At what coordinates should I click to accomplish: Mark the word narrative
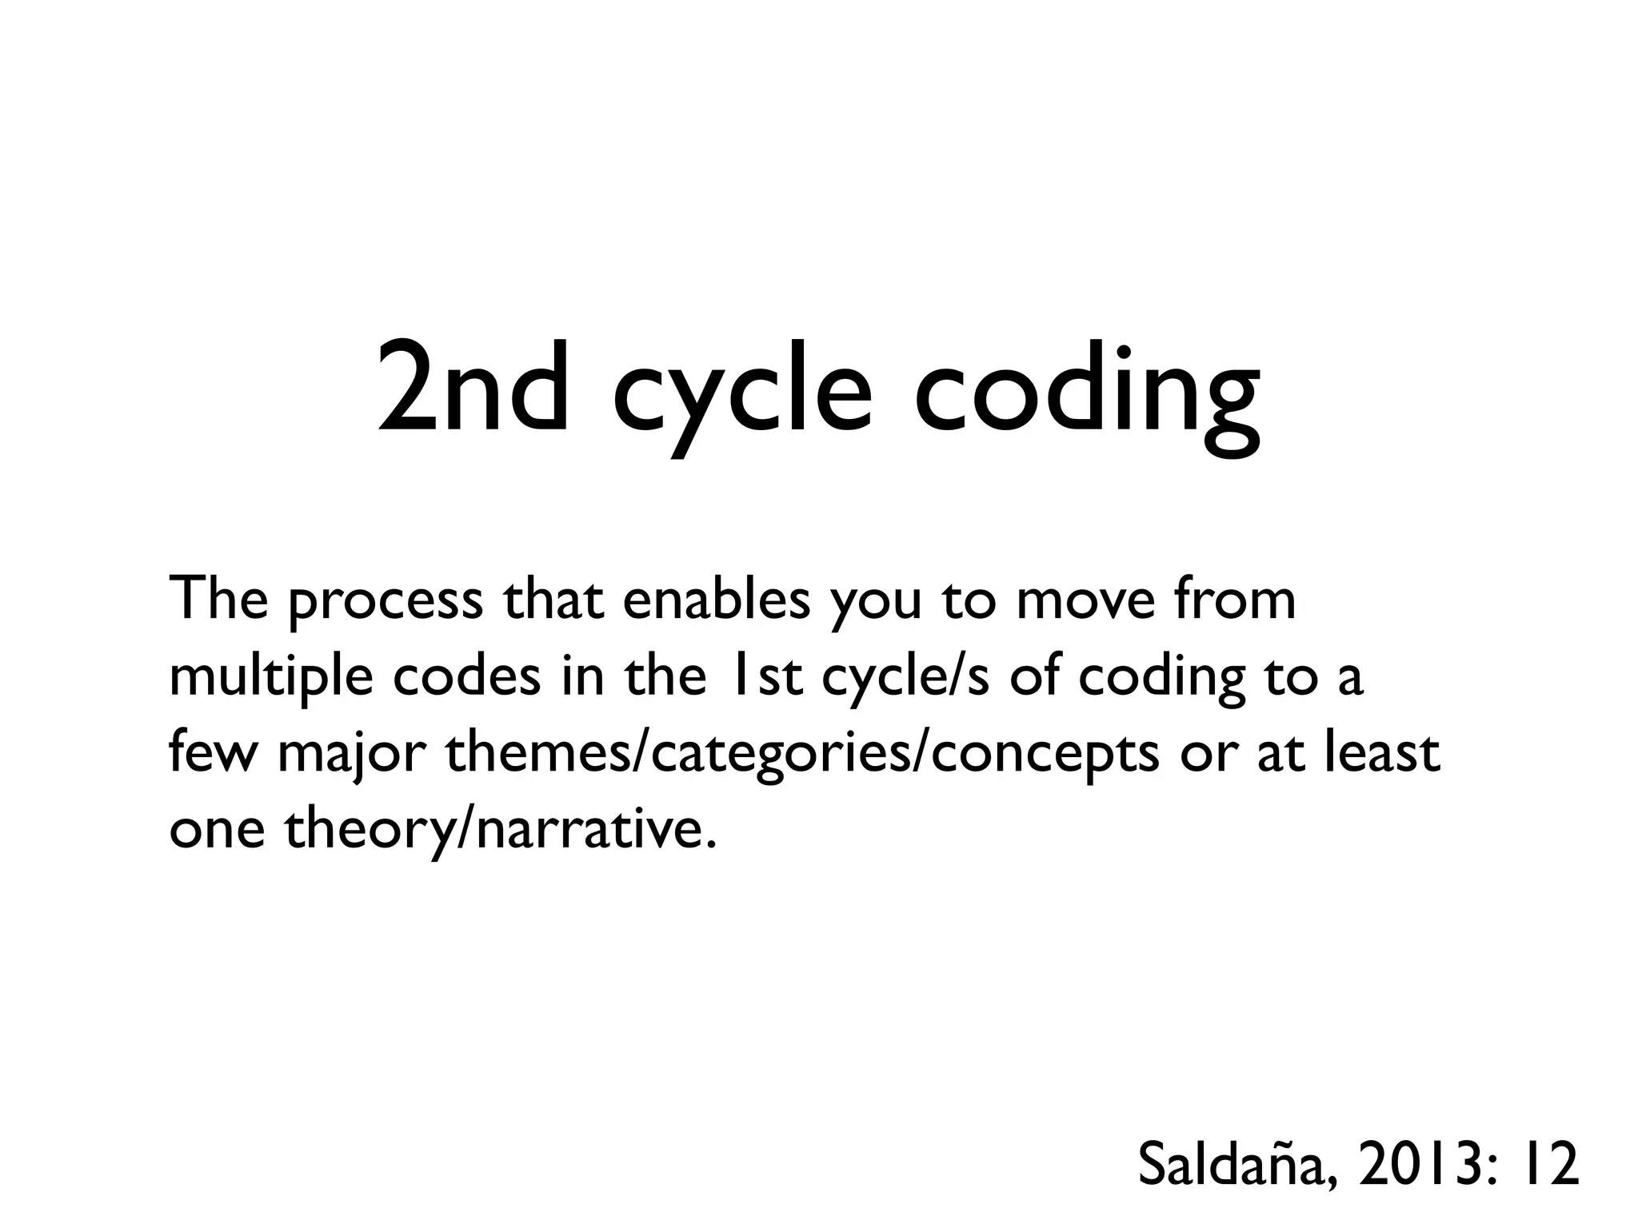592,828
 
